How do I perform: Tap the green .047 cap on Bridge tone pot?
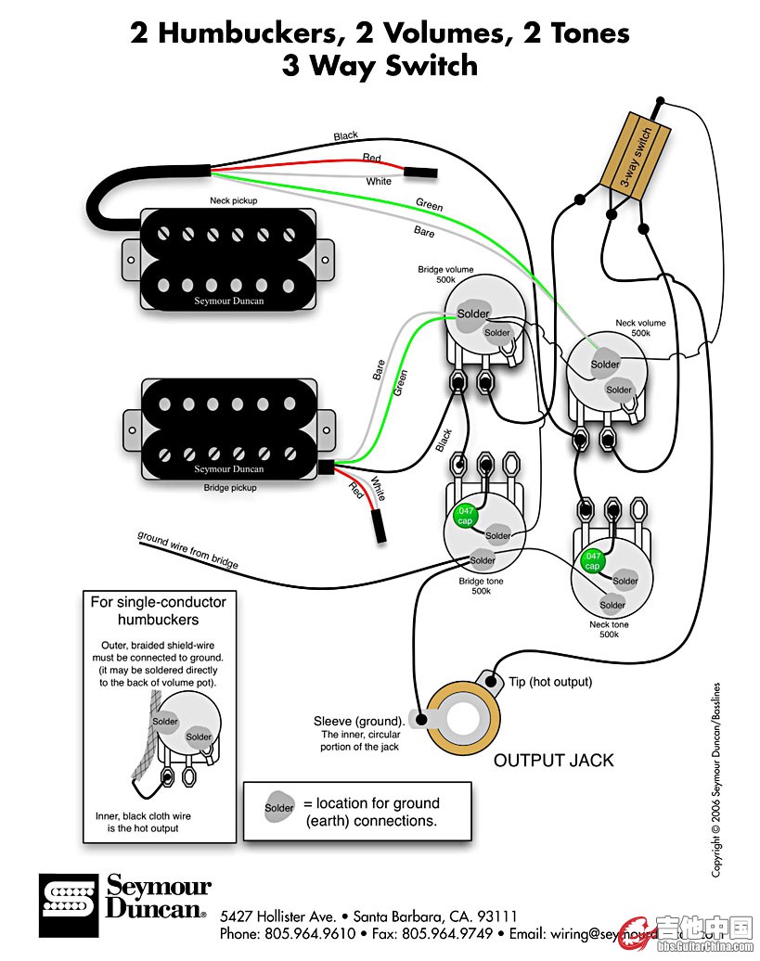coord(464,517)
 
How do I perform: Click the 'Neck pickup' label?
coord(233,200)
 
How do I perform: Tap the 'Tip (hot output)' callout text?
coord(550,682)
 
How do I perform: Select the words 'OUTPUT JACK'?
coord(553,761)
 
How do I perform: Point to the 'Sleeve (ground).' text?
coord(359,721)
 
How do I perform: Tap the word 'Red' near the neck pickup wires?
coord(371,159)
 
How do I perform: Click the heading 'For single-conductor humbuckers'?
coord(158,610)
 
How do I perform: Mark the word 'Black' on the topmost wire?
coord(345,136)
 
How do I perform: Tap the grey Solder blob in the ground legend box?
coord(279,808)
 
